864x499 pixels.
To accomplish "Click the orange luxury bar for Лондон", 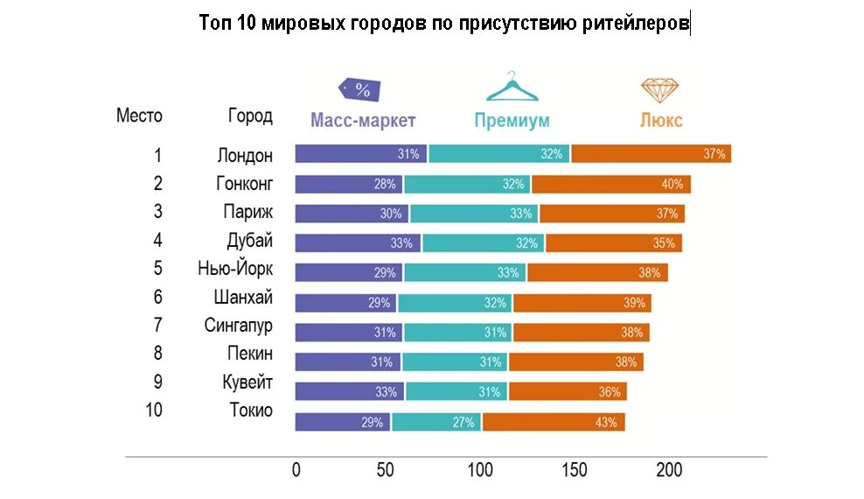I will tap(651, 154).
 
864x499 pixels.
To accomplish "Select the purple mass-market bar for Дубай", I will tap(357, 243).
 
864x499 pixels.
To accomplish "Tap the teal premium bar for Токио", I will tap(437, 422).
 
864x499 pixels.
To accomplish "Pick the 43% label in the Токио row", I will tap(606, 422).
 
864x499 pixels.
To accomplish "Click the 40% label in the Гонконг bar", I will tap(672, 184).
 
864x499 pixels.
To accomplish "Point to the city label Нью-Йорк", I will tap(235, 270).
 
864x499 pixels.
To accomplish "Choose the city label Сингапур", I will tap(239, 326).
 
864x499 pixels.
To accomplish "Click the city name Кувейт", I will tap(247, 383).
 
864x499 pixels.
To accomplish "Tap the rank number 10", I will tap(154, 411).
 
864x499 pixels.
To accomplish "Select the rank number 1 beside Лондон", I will tap(158, 156).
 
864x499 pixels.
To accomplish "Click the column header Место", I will tap(139, 116).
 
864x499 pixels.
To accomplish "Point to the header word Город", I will tap(250, 116).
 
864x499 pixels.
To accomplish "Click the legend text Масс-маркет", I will tap(363, 121).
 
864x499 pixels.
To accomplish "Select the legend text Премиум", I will tap(512, 121).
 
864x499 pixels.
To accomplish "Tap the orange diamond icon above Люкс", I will tap(660, 88).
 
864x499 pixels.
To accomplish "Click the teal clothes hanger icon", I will tap(512, 88).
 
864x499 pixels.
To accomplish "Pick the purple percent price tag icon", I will tap(359, 89).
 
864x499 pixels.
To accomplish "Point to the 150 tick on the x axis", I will tap(575, 470).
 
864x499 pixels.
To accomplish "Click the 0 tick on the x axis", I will tap(296, 470).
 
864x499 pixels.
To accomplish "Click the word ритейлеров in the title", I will tap(635, 23).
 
